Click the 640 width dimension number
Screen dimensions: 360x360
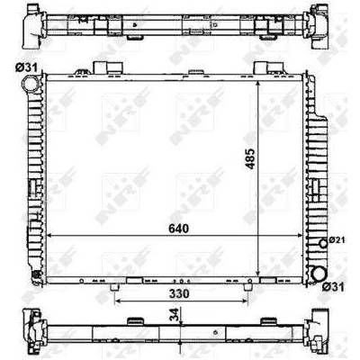[179, 229]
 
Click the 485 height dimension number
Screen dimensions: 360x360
[250, 159]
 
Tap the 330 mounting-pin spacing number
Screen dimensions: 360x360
[179, 293]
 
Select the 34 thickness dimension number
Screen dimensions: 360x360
[175, 314]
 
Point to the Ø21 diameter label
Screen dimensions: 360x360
[337, 240]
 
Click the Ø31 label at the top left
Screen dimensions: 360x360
[26, 67]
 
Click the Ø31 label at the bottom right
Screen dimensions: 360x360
[333, 287]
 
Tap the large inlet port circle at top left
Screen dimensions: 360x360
[31, 83]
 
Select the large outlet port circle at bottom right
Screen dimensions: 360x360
[319, 274]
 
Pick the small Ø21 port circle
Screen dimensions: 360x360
[323, 243]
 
